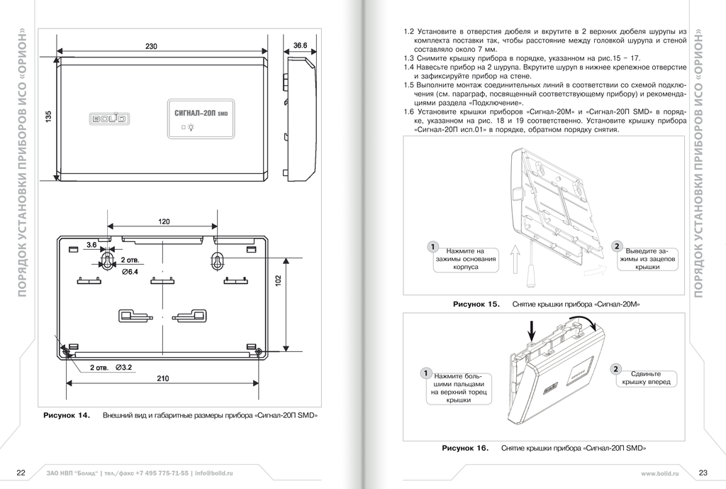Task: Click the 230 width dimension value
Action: [152, 46]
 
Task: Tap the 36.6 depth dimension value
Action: [300, 45]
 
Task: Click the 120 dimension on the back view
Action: [164, 221]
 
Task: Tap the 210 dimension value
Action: [162, 378]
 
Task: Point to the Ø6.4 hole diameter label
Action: [130, 272]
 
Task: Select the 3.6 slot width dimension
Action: [91, 244]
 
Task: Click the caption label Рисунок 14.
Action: [67, 415]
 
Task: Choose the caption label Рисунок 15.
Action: [476, 304]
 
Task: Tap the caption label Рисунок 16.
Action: [465, 449]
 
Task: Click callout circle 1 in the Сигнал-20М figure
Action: [432, 246]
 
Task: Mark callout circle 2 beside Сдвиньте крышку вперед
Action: [616, 369]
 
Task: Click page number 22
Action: [21, 473]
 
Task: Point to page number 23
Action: [703, 473]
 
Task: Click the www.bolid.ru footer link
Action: [660, 473]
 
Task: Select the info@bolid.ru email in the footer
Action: [213, 473]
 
